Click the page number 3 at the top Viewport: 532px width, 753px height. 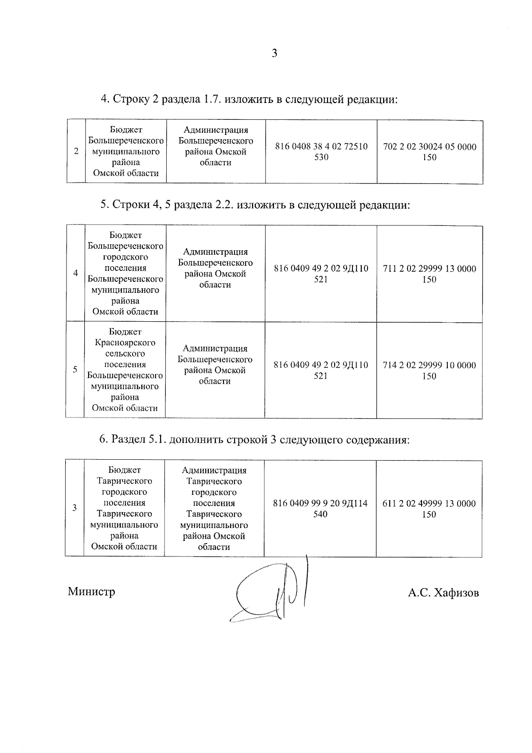[x=274, y=54]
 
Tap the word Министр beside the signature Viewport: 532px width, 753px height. [x=91, y=591]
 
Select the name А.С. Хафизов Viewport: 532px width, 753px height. [x=443, y=593]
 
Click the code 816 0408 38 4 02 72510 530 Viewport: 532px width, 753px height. [x=321, y=152]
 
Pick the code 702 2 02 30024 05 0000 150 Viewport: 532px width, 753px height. [x=430, y=152]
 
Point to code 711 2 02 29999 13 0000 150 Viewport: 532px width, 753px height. [x=429, y=274]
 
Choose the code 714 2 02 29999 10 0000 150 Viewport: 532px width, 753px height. [x=429, y=371]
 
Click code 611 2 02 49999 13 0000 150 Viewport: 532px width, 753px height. [x=429, y=509]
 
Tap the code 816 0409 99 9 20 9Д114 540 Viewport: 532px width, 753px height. [x=320, y=509]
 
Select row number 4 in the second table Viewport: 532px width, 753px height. [x=76, y=273]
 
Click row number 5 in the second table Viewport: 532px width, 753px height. [x=75, y=369]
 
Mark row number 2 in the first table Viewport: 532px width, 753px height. [x=76, y=151]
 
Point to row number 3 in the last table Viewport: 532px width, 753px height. [x=74, y=508]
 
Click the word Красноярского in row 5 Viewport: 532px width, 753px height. [x=125, y=343]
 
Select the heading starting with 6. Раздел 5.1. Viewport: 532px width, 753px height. [x=254, y=440]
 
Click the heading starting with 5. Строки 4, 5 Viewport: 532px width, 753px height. [x=255, y=205]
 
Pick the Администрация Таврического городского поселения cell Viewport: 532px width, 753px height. [x=214, y=509]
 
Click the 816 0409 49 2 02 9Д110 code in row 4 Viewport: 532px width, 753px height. [x=321, y=274]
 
